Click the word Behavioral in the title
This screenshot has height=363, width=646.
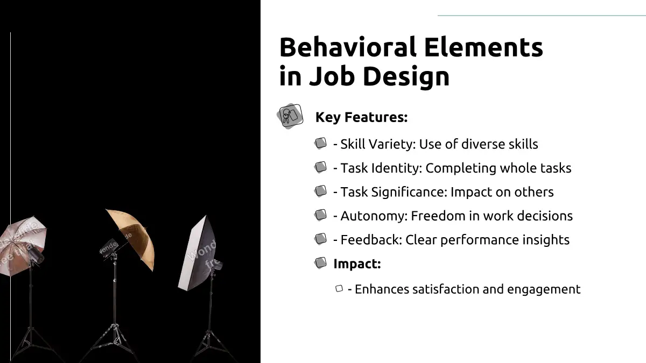point(348,47)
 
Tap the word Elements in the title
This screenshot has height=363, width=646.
point(483,47)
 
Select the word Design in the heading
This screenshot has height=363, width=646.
point(406,76)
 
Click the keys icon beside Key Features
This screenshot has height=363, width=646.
point(290,116)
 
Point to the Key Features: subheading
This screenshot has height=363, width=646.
point(361,117)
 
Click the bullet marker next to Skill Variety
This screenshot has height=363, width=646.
point(320,143)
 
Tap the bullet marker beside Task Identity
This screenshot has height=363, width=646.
point(320,167)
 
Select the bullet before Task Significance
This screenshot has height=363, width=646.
point(320,191)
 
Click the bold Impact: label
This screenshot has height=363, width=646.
point(357,264)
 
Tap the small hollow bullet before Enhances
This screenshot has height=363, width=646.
point(339,288)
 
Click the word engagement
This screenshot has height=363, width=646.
point(544,289)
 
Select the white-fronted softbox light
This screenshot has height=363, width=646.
point(197,253)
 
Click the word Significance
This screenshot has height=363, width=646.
point(409,193)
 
